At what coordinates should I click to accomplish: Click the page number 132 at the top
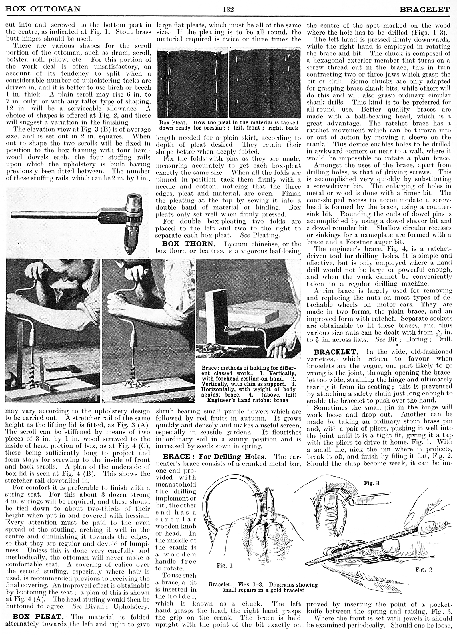click(x=228, y=9)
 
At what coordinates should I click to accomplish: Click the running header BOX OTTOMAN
click(x=43, y=9)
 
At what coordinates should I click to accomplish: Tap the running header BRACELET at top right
click(x=424, y=10)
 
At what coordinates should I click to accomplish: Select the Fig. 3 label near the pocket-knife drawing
click(x=371, y=483)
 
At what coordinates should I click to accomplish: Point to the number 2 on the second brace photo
click(x=191, y=398)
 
